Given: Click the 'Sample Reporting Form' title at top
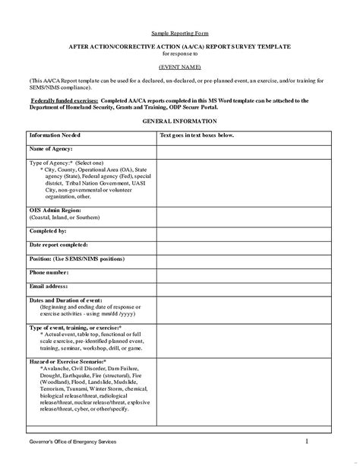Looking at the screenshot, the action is coord(179,34).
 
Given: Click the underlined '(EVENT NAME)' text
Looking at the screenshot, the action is coord(179,67).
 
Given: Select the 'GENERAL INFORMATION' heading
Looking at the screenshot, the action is coord(179,122).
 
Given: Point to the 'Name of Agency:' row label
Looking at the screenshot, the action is coord(51,149).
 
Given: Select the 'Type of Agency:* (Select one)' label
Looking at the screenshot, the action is coord(61,163).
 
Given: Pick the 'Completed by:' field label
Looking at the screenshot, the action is coord(48,230).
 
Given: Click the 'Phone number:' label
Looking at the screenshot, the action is coord(49,271).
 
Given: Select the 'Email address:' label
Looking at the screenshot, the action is coord(49,286).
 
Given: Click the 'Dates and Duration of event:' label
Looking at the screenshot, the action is coord(65,300).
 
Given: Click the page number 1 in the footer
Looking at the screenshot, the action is coord(307,440).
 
